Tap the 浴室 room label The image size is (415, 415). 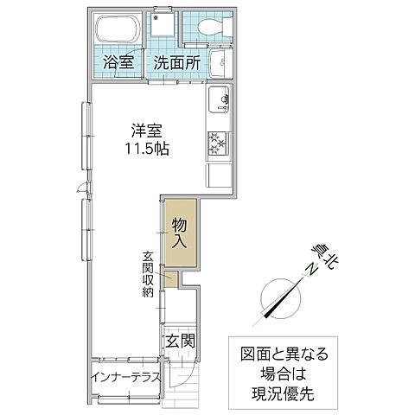click(x=118, y=62)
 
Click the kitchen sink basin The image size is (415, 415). click(x=218, y=101)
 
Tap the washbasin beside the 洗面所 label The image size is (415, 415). click(x=220, y=62)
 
